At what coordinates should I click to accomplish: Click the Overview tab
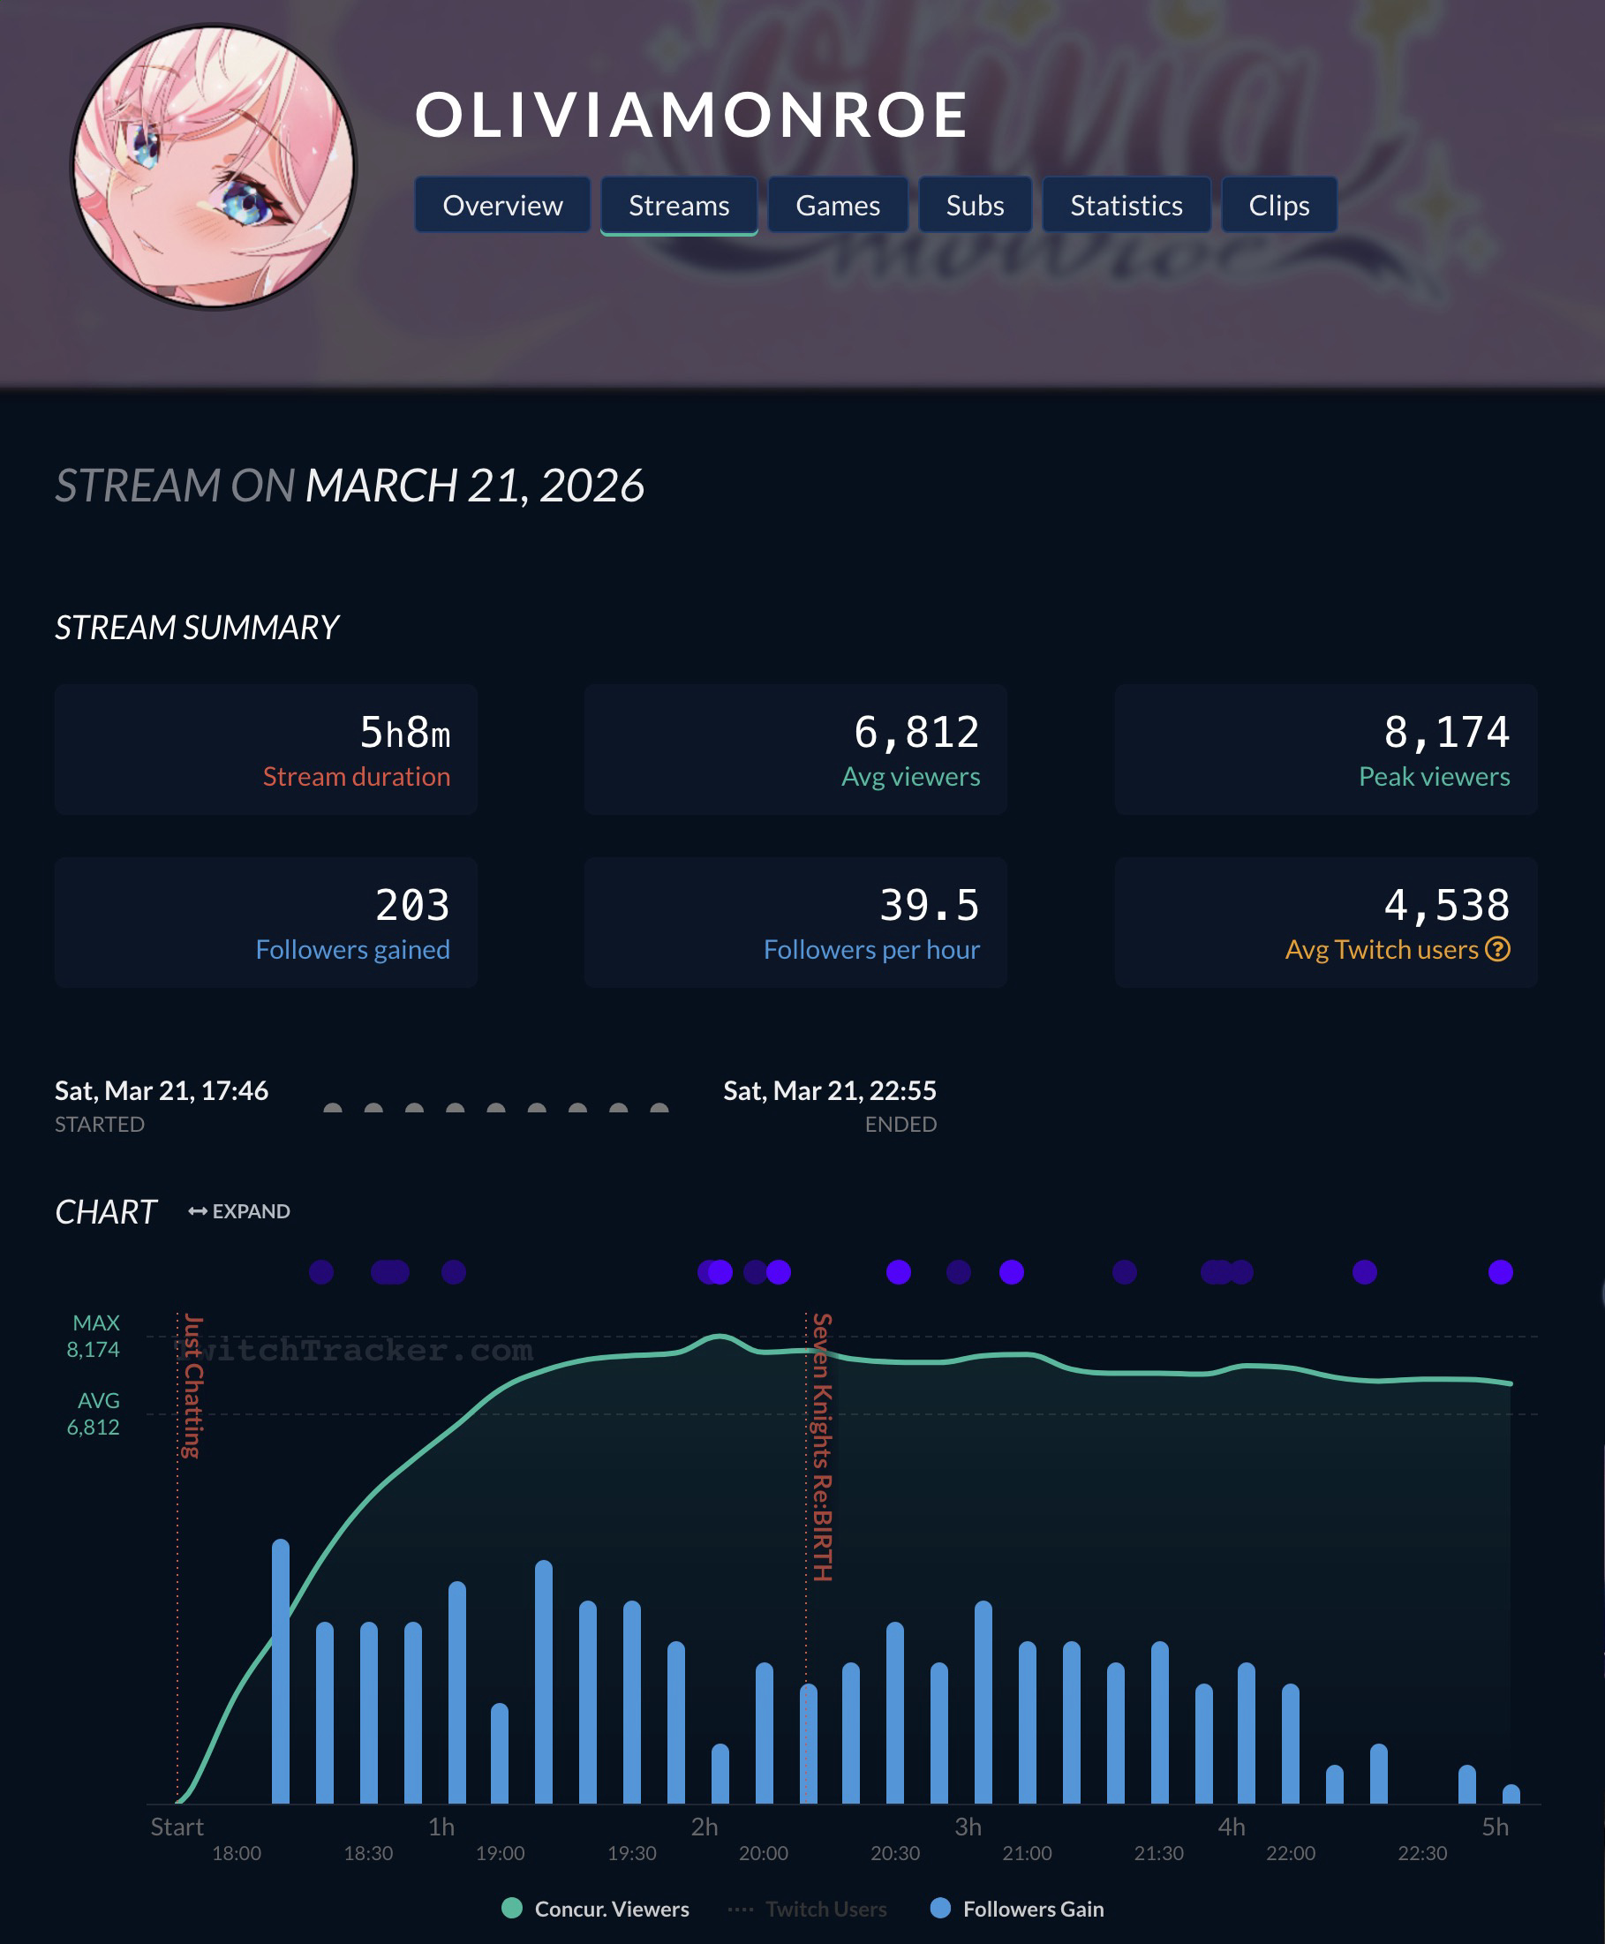[502, 205]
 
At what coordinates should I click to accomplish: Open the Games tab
[838, 205]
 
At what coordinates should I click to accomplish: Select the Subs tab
[975, 205]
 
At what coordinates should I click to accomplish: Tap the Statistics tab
[1127, 205]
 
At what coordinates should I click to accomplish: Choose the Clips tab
[1278, 205]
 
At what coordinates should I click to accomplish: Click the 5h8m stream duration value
[404, 733]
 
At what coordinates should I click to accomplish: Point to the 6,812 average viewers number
[916, 733]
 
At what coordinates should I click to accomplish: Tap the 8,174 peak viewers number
[1446, 733]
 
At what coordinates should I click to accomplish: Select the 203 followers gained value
[412, 906]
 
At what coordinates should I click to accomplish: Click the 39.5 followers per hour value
[928, 906]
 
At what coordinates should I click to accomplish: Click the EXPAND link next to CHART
[239, 1211]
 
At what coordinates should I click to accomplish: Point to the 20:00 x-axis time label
[764, 1853]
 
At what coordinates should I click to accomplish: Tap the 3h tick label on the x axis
[968, 1827]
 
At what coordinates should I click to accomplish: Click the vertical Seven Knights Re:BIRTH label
[822, 1447]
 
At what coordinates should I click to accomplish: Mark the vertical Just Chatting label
[192, 1386]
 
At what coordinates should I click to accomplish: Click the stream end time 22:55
[829, 1091]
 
